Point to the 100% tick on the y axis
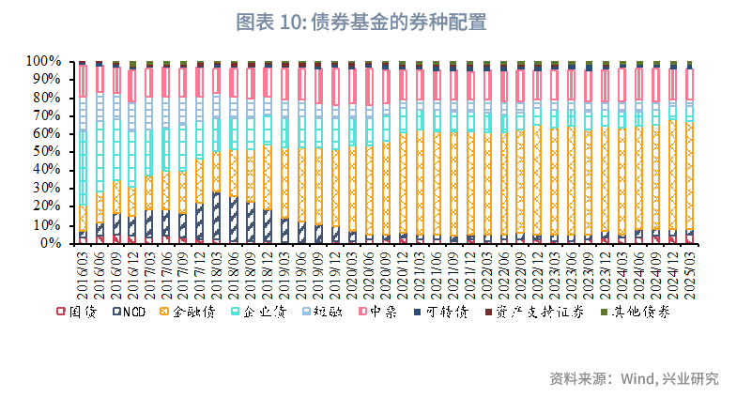44,61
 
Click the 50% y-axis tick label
47,152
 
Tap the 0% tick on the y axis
53,243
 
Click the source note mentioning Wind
634,379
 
